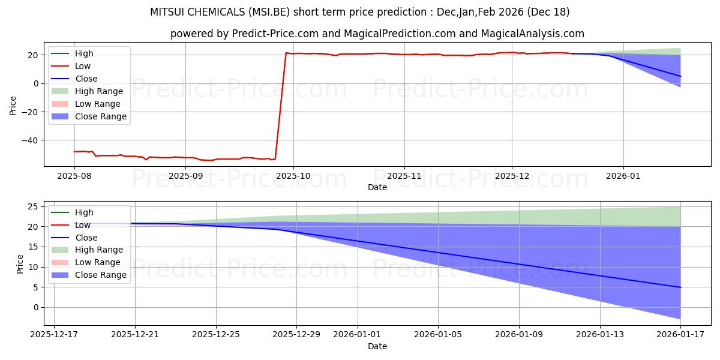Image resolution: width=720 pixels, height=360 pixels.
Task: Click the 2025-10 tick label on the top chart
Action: (293, 176)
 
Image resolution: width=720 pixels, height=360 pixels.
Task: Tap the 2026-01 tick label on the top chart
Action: (623, 176)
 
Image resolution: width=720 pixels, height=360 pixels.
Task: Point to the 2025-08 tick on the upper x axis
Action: (74, 176)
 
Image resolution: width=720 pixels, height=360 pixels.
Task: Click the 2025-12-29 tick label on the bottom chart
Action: (296, 335)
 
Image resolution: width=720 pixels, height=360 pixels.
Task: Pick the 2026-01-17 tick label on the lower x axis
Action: (680, 335)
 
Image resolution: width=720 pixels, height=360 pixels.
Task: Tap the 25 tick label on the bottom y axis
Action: (35, 206)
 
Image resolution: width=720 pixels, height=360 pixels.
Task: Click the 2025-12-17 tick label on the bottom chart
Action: (54, 335)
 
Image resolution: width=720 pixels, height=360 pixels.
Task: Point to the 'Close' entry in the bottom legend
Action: (86, 238)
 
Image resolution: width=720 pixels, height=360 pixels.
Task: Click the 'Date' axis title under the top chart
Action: (377, 187)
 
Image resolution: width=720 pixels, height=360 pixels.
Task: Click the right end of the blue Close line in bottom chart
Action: (680, 287)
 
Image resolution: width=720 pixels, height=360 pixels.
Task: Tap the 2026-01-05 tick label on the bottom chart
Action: (438, 335)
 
